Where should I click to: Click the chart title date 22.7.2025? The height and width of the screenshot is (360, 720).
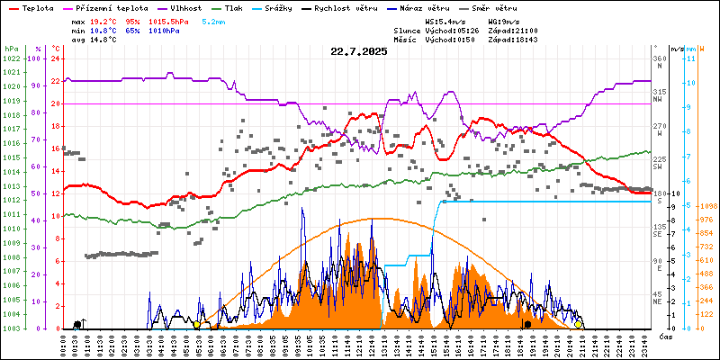coord(358,51)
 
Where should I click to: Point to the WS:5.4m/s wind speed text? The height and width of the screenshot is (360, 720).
coord(446,21)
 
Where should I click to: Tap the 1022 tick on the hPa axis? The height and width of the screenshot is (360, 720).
coord(11,58)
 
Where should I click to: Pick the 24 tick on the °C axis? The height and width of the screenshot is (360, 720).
coord(55,58)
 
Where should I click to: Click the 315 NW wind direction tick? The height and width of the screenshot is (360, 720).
coord(658,95)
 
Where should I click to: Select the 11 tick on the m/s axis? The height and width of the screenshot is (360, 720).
coord(689,58)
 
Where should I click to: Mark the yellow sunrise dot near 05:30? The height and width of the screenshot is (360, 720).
coord(197,324)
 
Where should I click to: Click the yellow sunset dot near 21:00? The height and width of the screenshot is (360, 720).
coord(579,324)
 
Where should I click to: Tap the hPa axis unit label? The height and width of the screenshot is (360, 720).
coord(11,48)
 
